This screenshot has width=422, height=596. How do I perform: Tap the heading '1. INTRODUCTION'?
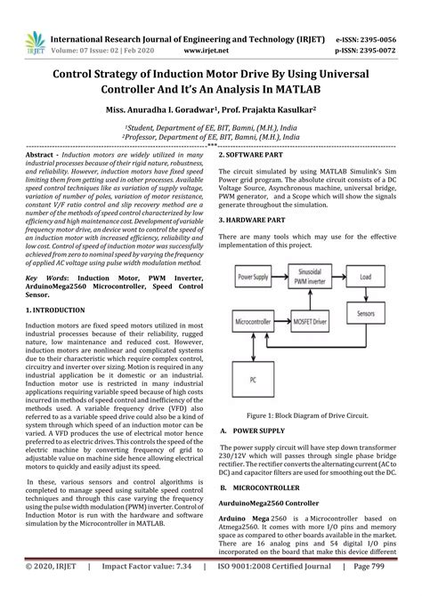click(54, 285)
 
